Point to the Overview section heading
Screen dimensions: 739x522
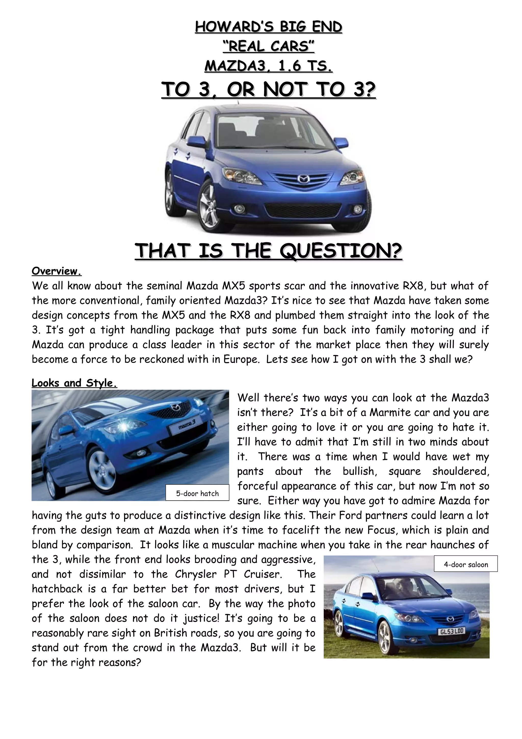click(x=56, y=271)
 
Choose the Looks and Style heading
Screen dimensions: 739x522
click(x=74, y=383)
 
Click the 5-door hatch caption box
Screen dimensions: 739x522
click(x=197, y=493)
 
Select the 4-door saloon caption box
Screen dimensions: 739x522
click(x=466, y=564)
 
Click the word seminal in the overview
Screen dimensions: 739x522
click(x=164, y=286)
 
